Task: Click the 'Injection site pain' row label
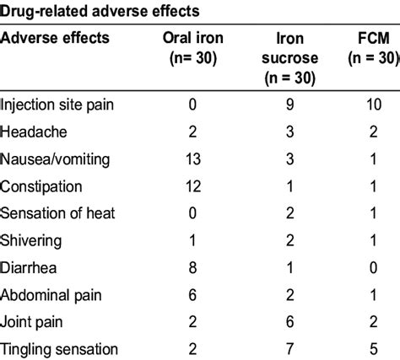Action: click(57, 106)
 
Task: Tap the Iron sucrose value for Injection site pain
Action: click(288, 106)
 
